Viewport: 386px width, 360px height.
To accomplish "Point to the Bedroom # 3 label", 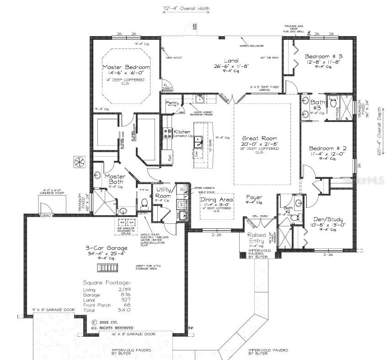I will click(x=323, y=56).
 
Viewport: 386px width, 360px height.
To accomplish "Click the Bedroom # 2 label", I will click(x=327, y=148).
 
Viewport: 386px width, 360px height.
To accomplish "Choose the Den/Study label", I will click(x=328, y=219).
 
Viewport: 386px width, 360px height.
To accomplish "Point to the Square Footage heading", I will click(x=107, y=283).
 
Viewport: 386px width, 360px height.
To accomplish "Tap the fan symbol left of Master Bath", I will click(x=80, y=162).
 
